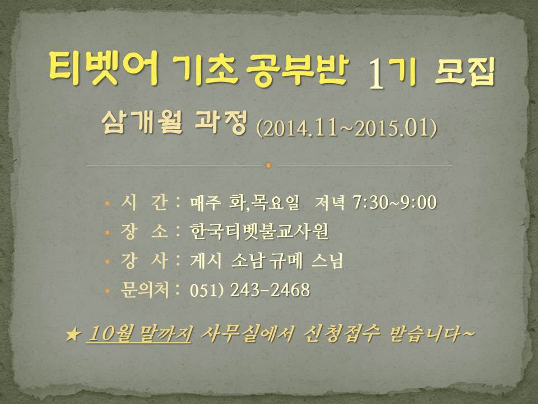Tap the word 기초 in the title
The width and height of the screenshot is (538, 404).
click(x=205, y=69)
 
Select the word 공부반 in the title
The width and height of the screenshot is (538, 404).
click(x=297, y=69)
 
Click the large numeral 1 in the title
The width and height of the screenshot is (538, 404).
click(x=376, y=74)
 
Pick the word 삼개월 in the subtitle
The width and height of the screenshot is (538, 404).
click(x=142, y=122)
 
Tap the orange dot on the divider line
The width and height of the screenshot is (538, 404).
click(x=268, y=166)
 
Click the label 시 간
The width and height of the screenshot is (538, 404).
click(x=144, y=202)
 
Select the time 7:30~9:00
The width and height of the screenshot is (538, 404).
click(x=395, y=202)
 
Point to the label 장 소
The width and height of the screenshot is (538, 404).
click(x=144, y=231)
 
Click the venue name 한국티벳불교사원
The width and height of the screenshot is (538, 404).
click(x=259, y=231)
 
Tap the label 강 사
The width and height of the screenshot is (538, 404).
click(x=144, y=260)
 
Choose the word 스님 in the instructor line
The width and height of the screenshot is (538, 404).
click(x=327, y=261)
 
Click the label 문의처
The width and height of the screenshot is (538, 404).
click(x=145, y=290)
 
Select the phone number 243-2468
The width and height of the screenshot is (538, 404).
click(x=270, y=290)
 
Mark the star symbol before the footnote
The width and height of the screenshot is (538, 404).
click(x=73, y=334)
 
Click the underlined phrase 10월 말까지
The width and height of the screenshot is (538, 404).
click(x=140, y=333)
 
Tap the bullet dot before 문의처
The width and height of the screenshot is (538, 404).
click(x=108, y=291)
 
